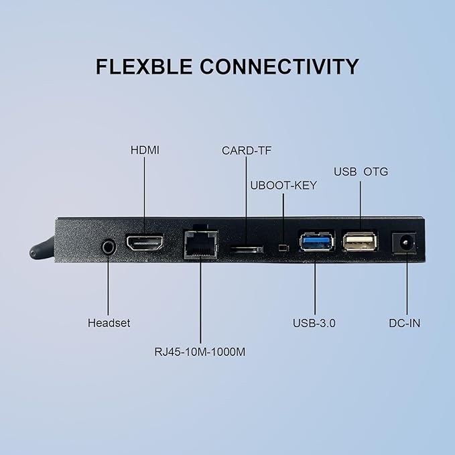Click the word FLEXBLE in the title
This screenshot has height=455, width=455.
(x=144, y=67)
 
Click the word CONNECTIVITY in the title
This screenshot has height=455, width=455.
(x=279, y=67)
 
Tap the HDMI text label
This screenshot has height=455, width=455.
(x=145, y=150)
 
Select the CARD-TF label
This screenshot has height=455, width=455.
(x=247, y=151)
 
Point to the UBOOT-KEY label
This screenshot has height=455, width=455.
(x=283, y=186)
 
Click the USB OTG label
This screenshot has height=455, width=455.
(x=361, y=172)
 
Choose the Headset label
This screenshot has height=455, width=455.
(x=109, y=323)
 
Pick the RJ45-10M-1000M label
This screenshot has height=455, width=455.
(x=200, y=352)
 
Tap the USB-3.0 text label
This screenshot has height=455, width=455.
(x=314, y=323)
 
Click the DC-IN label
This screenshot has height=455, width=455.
(x=405, y=323)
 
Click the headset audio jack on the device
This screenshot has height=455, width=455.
(x=109, y=247)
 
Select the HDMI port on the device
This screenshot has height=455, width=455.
(x=145, y=243)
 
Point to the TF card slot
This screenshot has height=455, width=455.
(x=247, y=249)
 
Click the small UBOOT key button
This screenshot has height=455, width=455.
(x=283, y=247)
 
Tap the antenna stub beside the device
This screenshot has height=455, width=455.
(x=42, y=249)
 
